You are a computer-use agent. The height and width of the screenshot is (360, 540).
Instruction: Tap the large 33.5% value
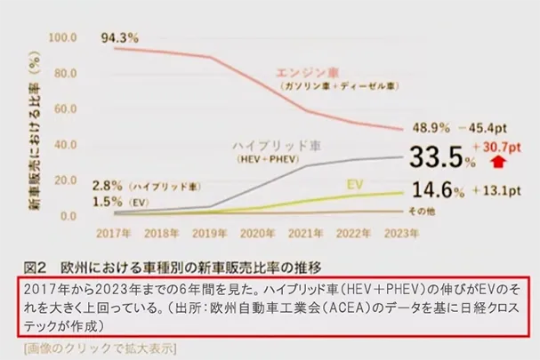pyautogui.click(x=437, y=157)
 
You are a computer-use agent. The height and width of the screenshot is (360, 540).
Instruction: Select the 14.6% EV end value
pyautogui.click(x=432, y=189)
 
